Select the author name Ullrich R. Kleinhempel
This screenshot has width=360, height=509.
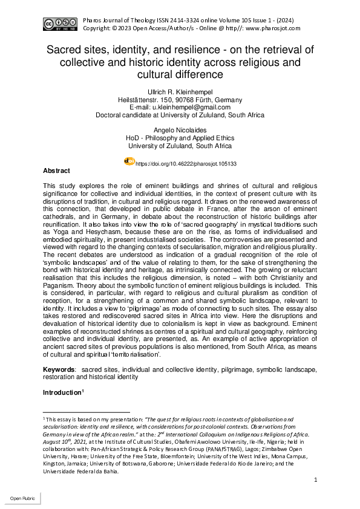pyautogui.click(x=180, y=92)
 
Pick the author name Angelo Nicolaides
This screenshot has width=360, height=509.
pyautogui.click(x=180, y=131)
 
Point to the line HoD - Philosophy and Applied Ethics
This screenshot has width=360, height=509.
pyautogui.click(x=180, y=138)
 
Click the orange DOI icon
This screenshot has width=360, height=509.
pyautogui.click(x=129, y=161)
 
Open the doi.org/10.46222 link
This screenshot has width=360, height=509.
pyautogui.click(x=186, y=163)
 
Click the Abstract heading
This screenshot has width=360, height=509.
pyautogui.click(x=56, y=171)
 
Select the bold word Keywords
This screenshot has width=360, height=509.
pyautogui.click(x=59, y=369)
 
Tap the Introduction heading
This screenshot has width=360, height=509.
pyautogui.click(x=61, y=393)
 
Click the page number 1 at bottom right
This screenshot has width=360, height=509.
pyautogui.click(x=316, y=479)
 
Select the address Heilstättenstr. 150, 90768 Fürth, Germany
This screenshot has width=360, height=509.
pyautogui.click(x=180, y=100)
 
